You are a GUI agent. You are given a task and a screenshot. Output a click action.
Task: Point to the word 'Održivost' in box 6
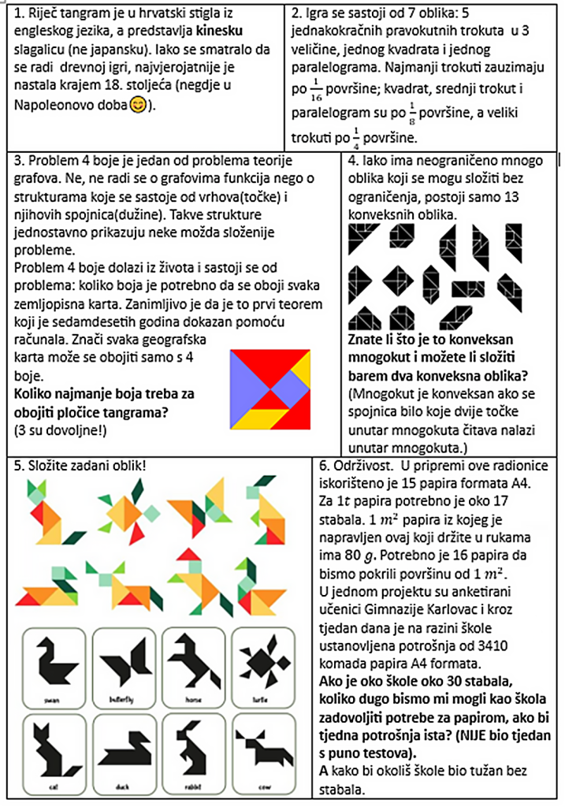point(360,465)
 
